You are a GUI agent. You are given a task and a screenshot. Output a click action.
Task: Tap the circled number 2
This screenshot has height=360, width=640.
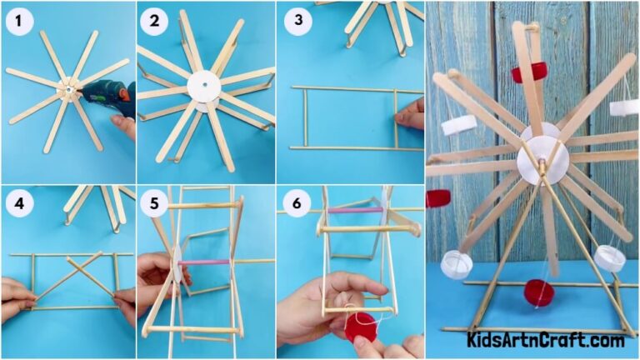[x=154, y=21]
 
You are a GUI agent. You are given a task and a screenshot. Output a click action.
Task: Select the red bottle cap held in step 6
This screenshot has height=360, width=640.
[x=361, y=326]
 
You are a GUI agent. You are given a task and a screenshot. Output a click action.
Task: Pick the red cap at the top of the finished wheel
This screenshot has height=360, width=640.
[x=527, y=72]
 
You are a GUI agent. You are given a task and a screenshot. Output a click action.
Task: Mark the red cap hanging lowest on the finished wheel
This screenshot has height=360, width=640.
[x=538, y=292]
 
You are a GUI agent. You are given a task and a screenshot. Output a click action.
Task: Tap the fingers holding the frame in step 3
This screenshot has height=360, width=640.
[x=410, y=115]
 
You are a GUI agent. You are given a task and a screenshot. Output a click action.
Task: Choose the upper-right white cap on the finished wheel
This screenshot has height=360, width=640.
[x=623, y=107]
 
